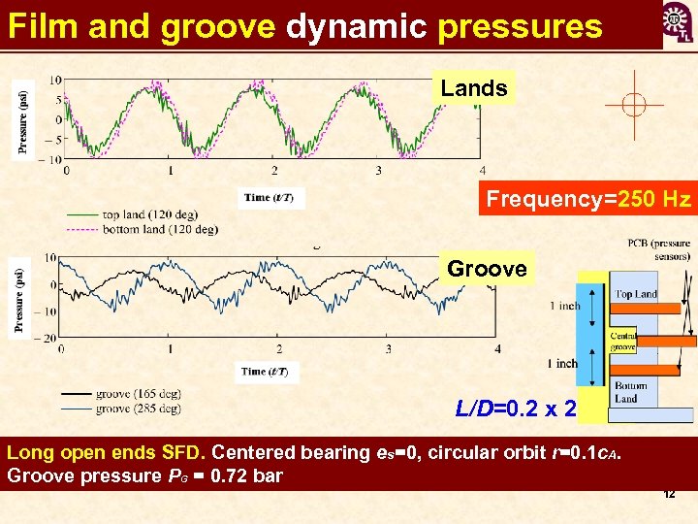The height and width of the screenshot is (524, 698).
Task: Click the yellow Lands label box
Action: click(x=474, y=88)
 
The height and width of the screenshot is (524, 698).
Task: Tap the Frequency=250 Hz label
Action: click(x=588, y=200)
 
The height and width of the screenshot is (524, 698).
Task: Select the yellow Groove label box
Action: click(x=487, y=269)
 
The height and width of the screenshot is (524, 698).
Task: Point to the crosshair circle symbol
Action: click(x=633, y=105)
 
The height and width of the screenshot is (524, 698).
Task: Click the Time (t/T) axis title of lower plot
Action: click(x=268, y=372)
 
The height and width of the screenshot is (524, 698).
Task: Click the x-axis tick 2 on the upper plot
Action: click(x=274, y=171)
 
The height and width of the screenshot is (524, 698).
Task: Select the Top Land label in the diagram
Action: click(x=635, y=293)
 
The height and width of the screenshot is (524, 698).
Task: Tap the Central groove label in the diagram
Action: click(x=623, y=342)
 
